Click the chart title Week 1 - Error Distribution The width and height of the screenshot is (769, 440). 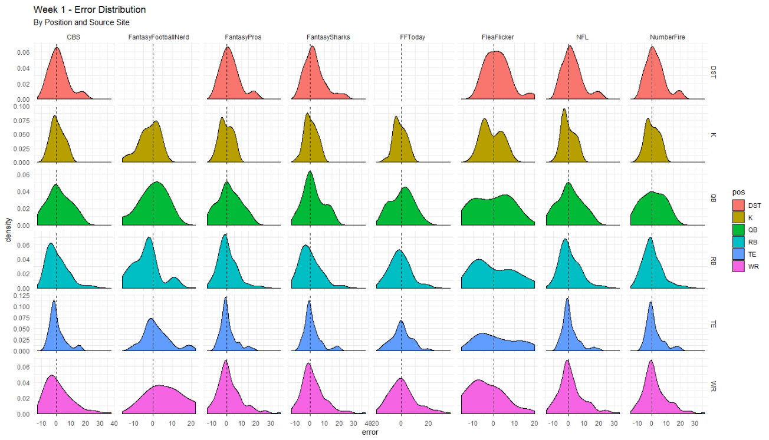tap(90, 9)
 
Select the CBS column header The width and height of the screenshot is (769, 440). tap(73, 37)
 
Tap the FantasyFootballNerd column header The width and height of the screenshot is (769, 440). tap(159, 37)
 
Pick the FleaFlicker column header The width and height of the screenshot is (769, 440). tap(497, 37)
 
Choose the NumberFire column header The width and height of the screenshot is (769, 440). tap(667, 37)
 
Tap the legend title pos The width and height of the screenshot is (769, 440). tap(738, 193)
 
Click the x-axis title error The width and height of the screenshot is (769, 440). tap(370, 432)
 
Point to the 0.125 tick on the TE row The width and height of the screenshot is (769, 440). tap(22, 306)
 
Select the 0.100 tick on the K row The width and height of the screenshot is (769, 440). tap(22, 107)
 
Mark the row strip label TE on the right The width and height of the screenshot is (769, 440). tap(713, 323)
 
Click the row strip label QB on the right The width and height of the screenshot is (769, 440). tap(713, 197)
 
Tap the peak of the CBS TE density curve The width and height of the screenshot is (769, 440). tap(54, 301)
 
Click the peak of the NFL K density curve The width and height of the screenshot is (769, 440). tap(564, 109)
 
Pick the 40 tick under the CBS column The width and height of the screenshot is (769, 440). tap(114, 424)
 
